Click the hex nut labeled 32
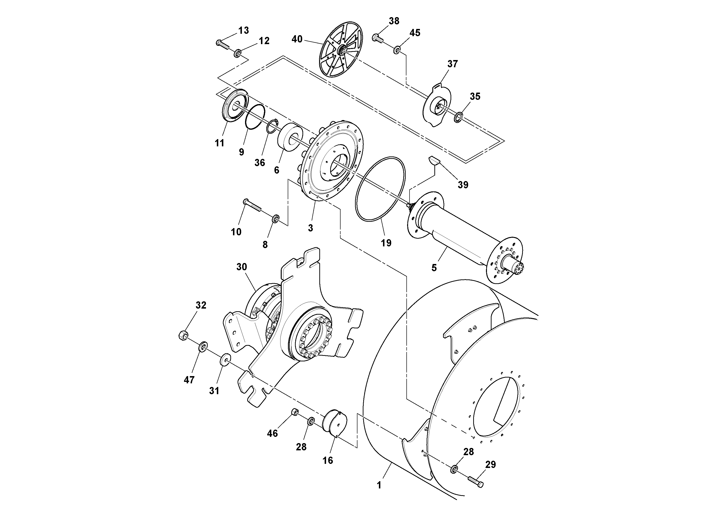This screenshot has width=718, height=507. pyautogui.click(x=183, y=335)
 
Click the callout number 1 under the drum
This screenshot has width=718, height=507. pyautogui.click(x=379, y=486)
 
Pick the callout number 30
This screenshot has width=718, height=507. pyautogui.click(x=241, y=267)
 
